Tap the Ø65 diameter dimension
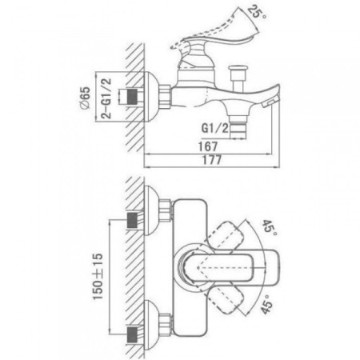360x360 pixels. [86, 98]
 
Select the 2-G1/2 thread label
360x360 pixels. [106, 98]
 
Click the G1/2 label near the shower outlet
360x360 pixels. [215, 128]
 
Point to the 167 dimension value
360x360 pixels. [208, 146]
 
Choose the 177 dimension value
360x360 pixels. [212, 160]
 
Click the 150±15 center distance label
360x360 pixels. [98, 277]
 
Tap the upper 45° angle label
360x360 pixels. [270, 226]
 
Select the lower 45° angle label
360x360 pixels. [267, 306]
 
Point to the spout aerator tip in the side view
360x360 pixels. [270, 103]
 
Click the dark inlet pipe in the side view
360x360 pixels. [132, 97]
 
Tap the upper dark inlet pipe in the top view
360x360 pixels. [132, 220]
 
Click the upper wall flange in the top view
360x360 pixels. [151, 210]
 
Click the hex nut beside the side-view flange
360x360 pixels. [165, 97]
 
